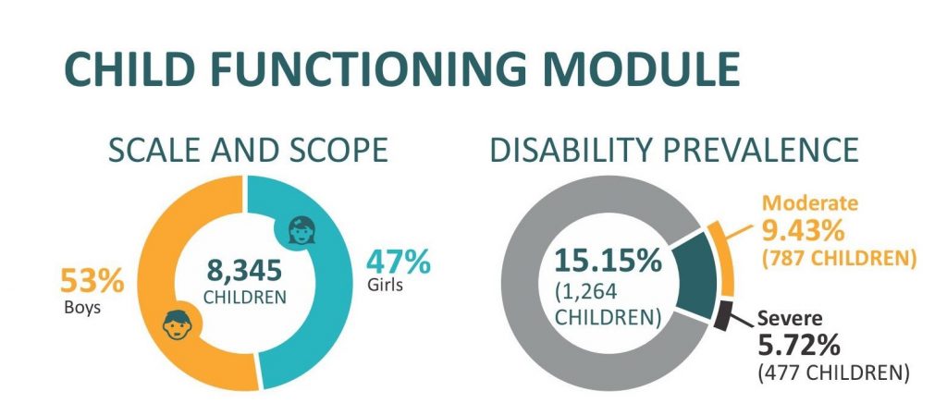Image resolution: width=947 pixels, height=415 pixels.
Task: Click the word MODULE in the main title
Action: pyautogui.click(x=641, y=69)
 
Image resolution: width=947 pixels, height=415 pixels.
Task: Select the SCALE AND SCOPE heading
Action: pyautogui.click(x=248, y=150)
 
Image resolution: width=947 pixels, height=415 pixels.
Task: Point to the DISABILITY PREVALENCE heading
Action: pyautogui.click(x=674, y=150)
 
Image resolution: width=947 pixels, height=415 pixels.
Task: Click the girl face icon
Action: pyautogui.click(x=301, y=230)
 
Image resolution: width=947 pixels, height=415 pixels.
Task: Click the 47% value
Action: pyautogui.click(x=399, y=262)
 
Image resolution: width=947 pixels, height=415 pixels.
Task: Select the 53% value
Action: pyautogui.click(x=92, y=281)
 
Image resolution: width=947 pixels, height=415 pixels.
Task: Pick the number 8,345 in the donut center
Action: pyautogui.click(x=244, y=271)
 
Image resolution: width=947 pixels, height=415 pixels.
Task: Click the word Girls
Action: pyautogui.click(x=386, y=285)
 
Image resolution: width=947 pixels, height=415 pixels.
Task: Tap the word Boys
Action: pyautogui.click(x=82, y=308)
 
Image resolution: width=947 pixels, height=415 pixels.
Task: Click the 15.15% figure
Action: pyautogui.click(x=608, y=262)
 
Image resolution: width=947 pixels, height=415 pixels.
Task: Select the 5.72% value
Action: pyautogui.click(x=798, y=346)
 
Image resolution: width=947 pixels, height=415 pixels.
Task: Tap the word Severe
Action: pyautogui.click(x=790, y=318)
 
